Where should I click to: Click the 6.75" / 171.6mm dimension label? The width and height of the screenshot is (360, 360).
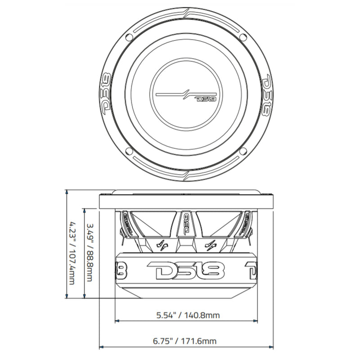[186, 341]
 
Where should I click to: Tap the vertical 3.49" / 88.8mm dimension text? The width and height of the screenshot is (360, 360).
[90, 253]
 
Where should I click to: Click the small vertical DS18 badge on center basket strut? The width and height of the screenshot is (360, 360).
[186, 224]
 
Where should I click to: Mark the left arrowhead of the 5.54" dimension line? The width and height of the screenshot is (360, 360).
[118, 320]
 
